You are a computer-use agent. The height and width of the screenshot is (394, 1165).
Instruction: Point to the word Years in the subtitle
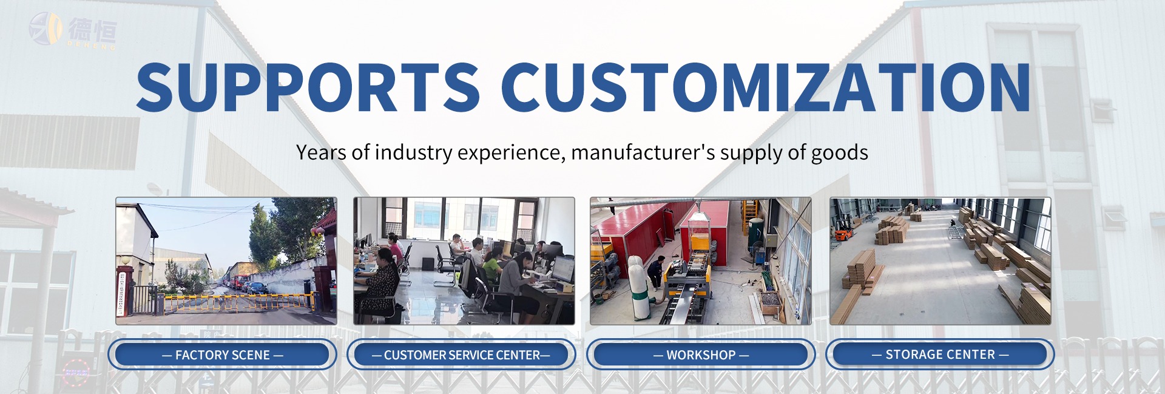322,152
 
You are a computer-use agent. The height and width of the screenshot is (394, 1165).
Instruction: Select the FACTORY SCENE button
222,355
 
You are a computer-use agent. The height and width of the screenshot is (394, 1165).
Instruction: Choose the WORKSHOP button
700,355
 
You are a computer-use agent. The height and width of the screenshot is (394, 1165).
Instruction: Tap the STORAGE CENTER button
940,354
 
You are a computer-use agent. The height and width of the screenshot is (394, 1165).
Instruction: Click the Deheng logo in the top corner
72,30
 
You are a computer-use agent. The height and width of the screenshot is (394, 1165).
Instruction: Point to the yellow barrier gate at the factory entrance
237,301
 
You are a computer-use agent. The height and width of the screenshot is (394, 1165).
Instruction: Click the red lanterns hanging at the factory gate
316,232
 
